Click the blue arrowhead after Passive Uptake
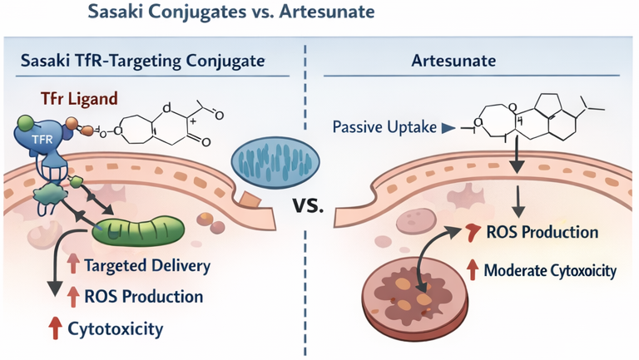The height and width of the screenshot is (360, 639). click(448, 129)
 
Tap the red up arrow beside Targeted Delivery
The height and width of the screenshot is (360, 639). click(73, 267)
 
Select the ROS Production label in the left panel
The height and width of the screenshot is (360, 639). click(144, 297)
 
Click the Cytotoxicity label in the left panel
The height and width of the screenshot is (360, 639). click(116, 328)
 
